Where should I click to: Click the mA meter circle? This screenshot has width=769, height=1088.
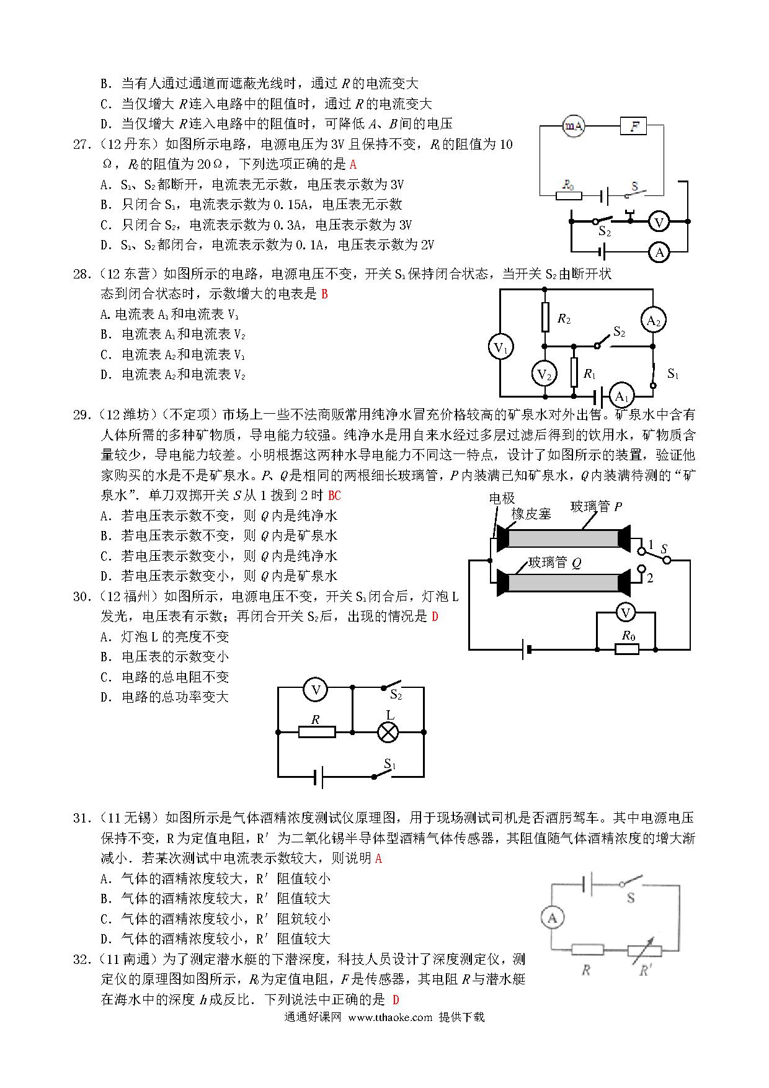pos(574,126)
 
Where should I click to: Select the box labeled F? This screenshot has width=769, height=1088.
pos(633,127)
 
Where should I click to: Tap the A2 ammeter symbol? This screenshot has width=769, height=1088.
pos(653,321)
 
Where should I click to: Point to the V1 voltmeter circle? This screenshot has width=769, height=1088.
pos(500,347)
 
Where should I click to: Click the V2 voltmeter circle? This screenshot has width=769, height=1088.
pos(544,374)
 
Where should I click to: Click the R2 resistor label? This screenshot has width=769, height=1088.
pos(564,319)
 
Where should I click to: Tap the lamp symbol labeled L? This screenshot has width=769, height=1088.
pos(388,732)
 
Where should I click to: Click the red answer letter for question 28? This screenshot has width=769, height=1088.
pos(324,294)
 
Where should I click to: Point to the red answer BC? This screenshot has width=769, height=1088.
pos(334,496)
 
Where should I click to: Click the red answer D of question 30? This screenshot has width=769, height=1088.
pos(435,617)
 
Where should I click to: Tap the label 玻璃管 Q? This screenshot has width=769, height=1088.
pos(555,563)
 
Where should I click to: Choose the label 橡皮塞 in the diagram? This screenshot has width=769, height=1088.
pos(531,514)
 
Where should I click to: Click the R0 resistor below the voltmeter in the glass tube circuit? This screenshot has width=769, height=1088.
pos(627,649)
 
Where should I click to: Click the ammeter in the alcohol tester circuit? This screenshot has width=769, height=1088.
pos(553,918)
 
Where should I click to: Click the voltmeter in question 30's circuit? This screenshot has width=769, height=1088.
pos(316,690)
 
